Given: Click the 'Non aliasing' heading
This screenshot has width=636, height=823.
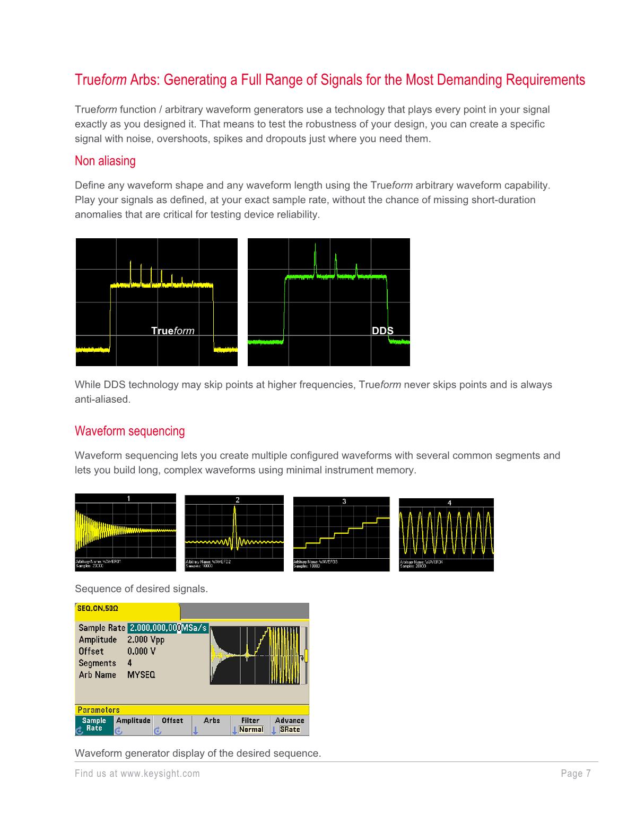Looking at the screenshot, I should pos(105,161).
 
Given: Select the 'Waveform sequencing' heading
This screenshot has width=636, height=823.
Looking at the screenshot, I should pos(130,431).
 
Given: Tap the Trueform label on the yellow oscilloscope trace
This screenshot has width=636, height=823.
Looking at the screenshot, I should pos(172,331).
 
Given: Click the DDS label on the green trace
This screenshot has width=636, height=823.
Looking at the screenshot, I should pos(382,331).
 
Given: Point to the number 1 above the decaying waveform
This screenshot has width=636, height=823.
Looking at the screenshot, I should pos(128,498).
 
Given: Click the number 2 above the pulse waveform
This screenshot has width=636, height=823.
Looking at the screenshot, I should pos(238,500).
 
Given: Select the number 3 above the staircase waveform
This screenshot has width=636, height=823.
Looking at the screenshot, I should pos(344,501).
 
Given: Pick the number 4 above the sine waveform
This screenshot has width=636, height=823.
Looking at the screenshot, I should pos(450,503).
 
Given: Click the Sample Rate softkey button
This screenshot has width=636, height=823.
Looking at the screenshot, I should pos(94,725).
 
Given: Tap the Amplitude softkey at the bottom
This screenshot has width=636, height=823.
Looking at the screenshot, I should pos(133,725).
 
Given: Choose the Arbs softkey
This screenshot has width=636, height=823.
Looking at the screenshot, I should pos(212,725).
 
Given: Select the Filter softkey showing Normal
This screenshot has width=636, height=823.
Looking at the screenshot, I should pos(250,725).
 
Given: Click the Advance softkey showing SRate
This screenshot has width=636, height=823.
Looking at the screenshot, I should pos(289,725).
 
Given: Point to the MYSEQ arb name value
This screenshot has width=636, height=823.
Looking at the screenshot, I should pos(141,675).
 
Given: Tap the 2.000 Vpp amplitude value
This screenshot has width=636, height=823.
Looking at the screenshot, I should pos(146,640).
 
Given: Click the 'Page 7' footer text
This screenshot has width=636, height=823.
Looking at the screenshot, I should pos(576,774).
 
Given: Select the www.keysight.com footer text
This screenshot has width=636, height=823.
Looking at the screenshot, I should pos(160,774).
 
